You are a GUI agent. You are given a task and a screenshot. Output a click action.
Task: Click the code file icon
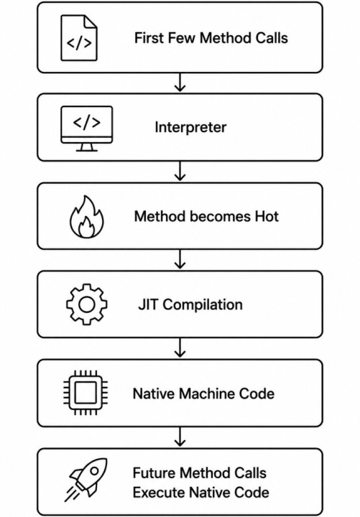click(x=79, y=38)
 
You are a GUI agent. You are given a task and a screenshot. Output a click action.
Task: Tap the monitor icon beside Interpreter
click(x=86, y=129)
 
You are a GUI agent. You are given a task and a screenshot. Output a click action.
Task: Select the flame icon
click(x=86, y=217)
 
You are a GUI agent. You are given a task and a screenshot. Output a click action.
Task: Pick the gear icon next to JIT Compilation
click(x=86, y=304)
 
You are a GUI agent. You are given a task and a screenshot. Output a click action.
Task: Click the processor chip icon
click(x=86, y=393)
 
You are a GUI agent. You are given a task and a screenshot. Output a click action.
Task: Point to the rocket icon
click(x=86, y=479)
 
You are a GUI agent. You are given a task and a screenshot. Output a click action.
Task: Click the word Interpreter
click(x=190, y=127)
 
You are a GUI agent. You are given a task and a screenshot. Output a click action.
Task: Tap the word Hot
click(x=267, y=216)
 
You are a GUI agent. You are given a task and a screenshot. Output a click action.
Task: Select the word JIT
click(x=148, y=304)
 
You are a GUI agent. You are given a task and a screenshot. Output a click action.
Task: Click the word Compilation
click(x=203, y=305)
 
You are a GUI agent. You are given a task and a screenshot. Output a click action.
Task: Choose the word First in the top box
click(x=149, y=38)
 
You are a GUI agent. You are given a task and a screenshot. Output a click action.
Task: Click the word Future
click(x=154, y=472)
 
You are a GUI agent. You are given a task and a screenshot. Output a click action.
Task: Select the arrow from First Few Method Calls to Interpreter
click(x=180, y=83)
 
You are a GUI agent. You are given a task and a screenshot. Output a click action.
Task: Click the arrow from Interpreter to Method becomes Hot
click(x=180, y=171)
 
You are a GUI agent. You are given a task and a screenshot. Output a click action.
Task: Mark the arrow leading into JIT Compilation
click(x=180, y=259)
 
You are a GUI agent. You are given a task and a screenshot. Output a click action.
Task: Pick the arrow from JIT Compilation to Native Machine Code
click(x=180, y=348)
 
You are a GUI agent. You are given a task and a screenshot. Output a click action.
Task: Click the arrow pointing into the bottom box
click(x=180, y=437)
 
